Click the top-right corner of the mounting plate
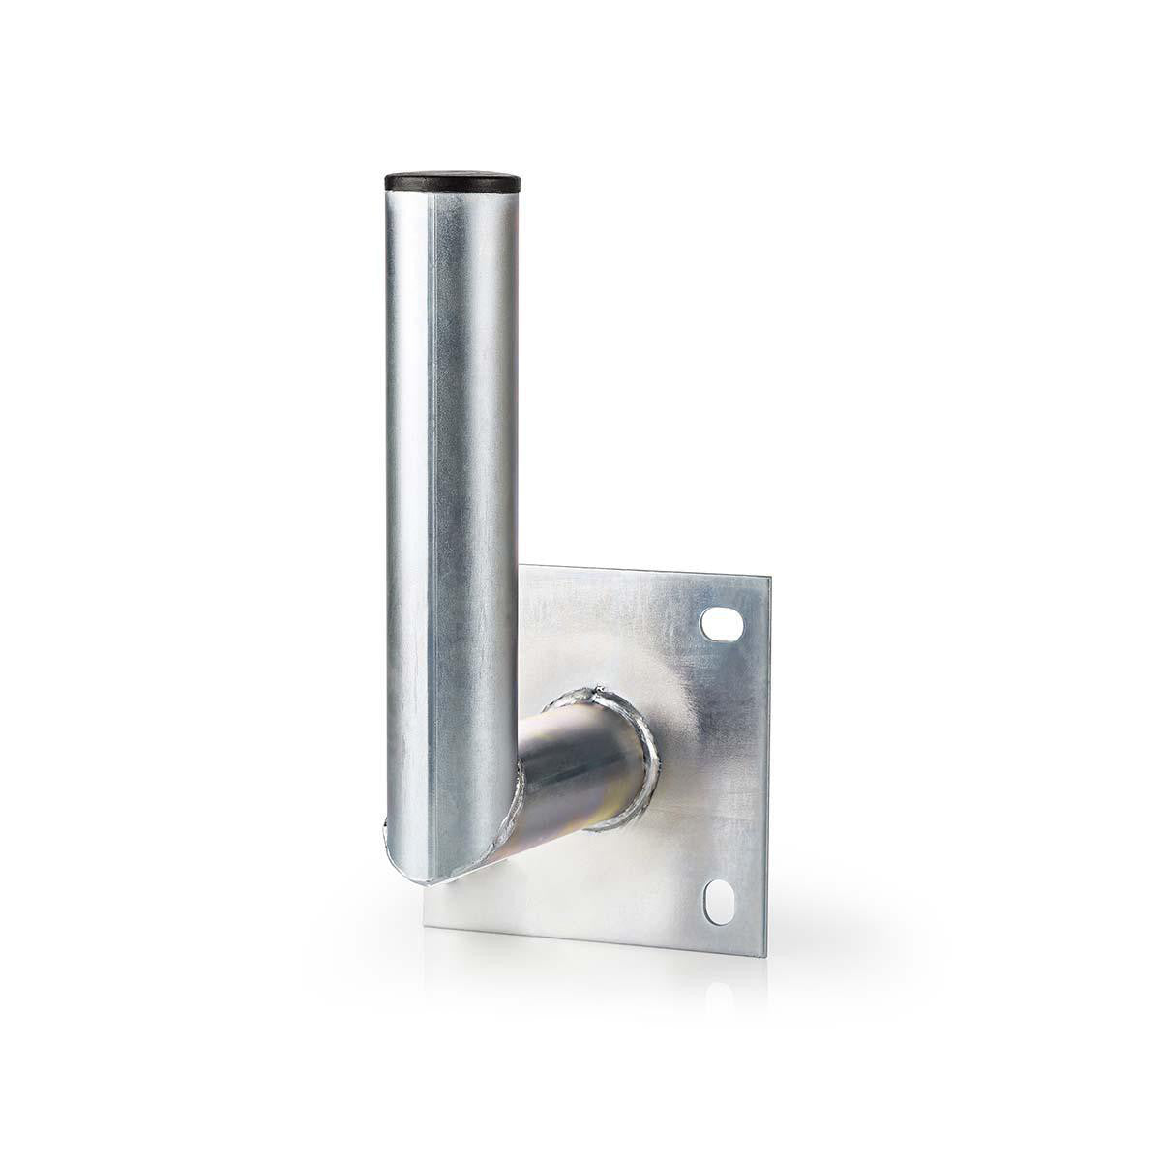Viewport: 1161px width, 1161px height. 768,579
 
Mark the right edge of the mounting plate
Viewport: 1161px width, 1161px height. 768,764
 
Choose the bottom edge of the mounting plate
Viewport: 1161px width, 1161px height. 600,942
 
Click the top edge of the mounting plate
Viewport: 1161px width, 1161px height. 648,571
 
